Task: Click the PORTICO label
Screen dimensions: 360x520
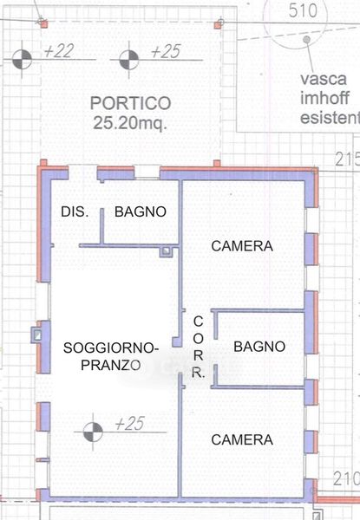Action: click(130, 103)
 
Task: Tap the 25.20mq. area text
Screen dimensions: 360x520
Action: click(130, 123)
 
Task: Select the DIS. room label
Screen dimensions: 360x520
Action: click(75, 211)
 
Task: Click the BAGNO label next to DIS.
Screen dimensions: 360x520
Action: click(141, 211)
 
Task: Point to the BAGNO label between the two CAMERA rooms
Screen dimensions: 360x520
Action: click(259, 347)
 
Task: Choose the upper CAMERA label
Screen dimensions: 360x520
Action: click(242, 246)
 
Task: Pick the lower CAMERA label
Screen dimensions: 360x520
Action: click(242, 439)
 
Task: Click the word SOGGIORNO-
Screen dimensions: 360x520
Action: click(111, 348)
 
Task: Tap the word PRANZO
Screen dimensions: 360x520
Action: click(111, 365)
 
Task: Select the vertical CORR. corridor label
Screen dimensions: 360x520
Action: click(198, 348)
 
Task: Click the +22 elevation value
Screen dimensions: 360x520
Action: click(59, 51)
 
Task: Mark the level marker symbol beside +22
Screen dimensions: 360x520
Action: click(22, 60)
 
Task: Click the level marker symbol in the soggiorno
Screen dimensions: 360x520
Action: click(93, 432)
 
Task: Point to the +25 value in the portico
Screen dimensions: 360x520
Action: click(166, 51)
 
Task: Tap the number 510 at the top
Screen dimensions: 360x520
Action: click(303, 10)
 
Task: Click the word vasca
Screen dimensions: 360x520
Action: click(324, 79)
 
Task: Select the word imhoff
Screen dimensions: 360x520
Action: click(324, 98)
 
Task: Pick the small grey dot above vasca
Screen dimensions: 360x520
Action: click(306, 40)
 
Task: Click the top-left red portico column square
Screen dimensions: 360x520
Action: click(43, 24)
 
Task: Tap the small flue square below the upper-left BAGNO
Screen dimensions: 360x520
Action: click(166, 251)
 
